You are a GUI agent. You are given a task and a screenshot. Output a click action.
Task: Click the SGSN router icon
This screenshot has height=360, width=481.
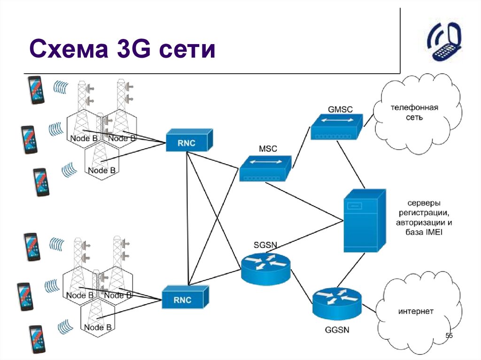click(266, 267)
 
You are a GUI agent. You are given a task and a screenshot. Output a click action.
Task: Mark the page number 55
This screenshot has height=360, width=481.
click(449, 336)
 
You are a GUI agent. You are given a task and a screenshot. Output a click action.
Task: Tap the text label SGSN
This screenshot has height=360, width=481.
click(265, 245)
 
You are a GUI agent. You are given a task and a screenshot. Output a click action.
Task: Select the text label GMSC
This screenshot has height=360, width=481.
click(340, 109)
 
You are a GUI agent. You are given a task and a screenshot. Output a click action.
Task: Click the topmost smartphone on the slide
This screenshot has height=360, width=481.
click(36, 90)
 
